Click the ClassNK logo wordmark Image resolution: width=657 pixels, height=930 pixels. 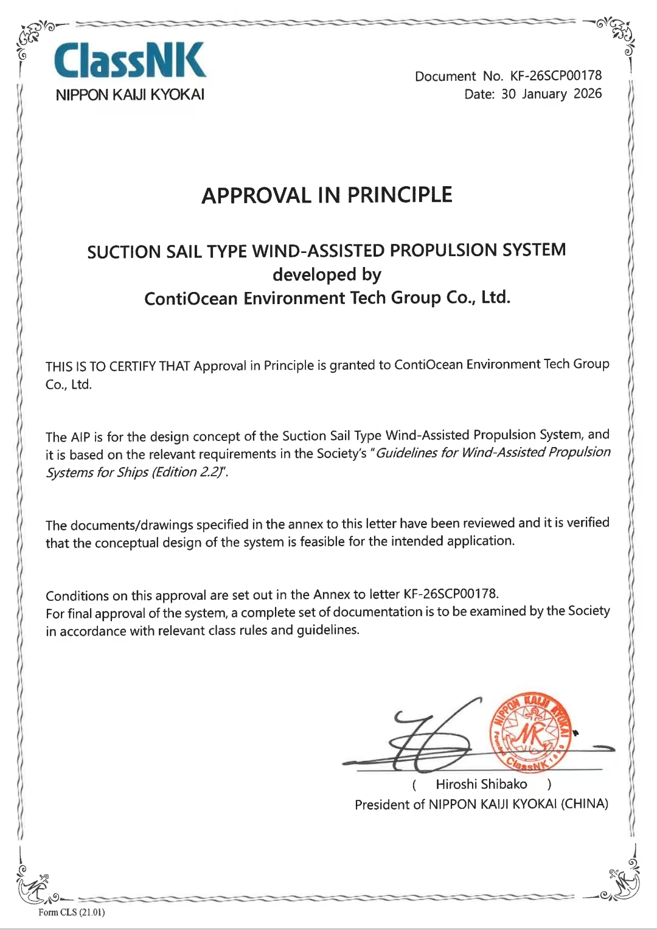[130, 60]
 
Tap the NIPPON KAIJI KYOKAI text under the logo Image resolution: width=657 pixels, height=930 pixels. [130, 95]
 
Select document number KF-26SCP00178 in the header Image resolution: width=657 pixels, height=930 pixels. [556, 75]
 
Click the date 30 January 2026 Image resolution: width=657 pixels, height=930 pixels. [551, 94]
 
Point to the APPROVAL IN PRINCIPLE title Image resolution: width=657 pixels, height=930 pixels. [327, 195]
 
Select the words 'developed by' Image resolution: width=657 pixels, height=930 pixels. [327, 275]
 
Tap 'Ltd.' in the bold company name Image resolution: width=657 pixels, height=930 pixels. [496, 297]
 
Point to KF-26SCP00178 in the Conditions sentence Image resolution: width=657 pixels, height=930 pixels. [450, 594]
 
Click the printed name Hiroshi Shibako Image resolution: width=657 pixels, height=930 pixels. [481, 784]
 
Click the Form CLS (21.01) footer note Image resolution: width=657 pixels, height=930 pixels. [71, 912]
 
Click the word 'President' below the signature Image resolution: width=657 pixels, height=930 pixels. [382, 805]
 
